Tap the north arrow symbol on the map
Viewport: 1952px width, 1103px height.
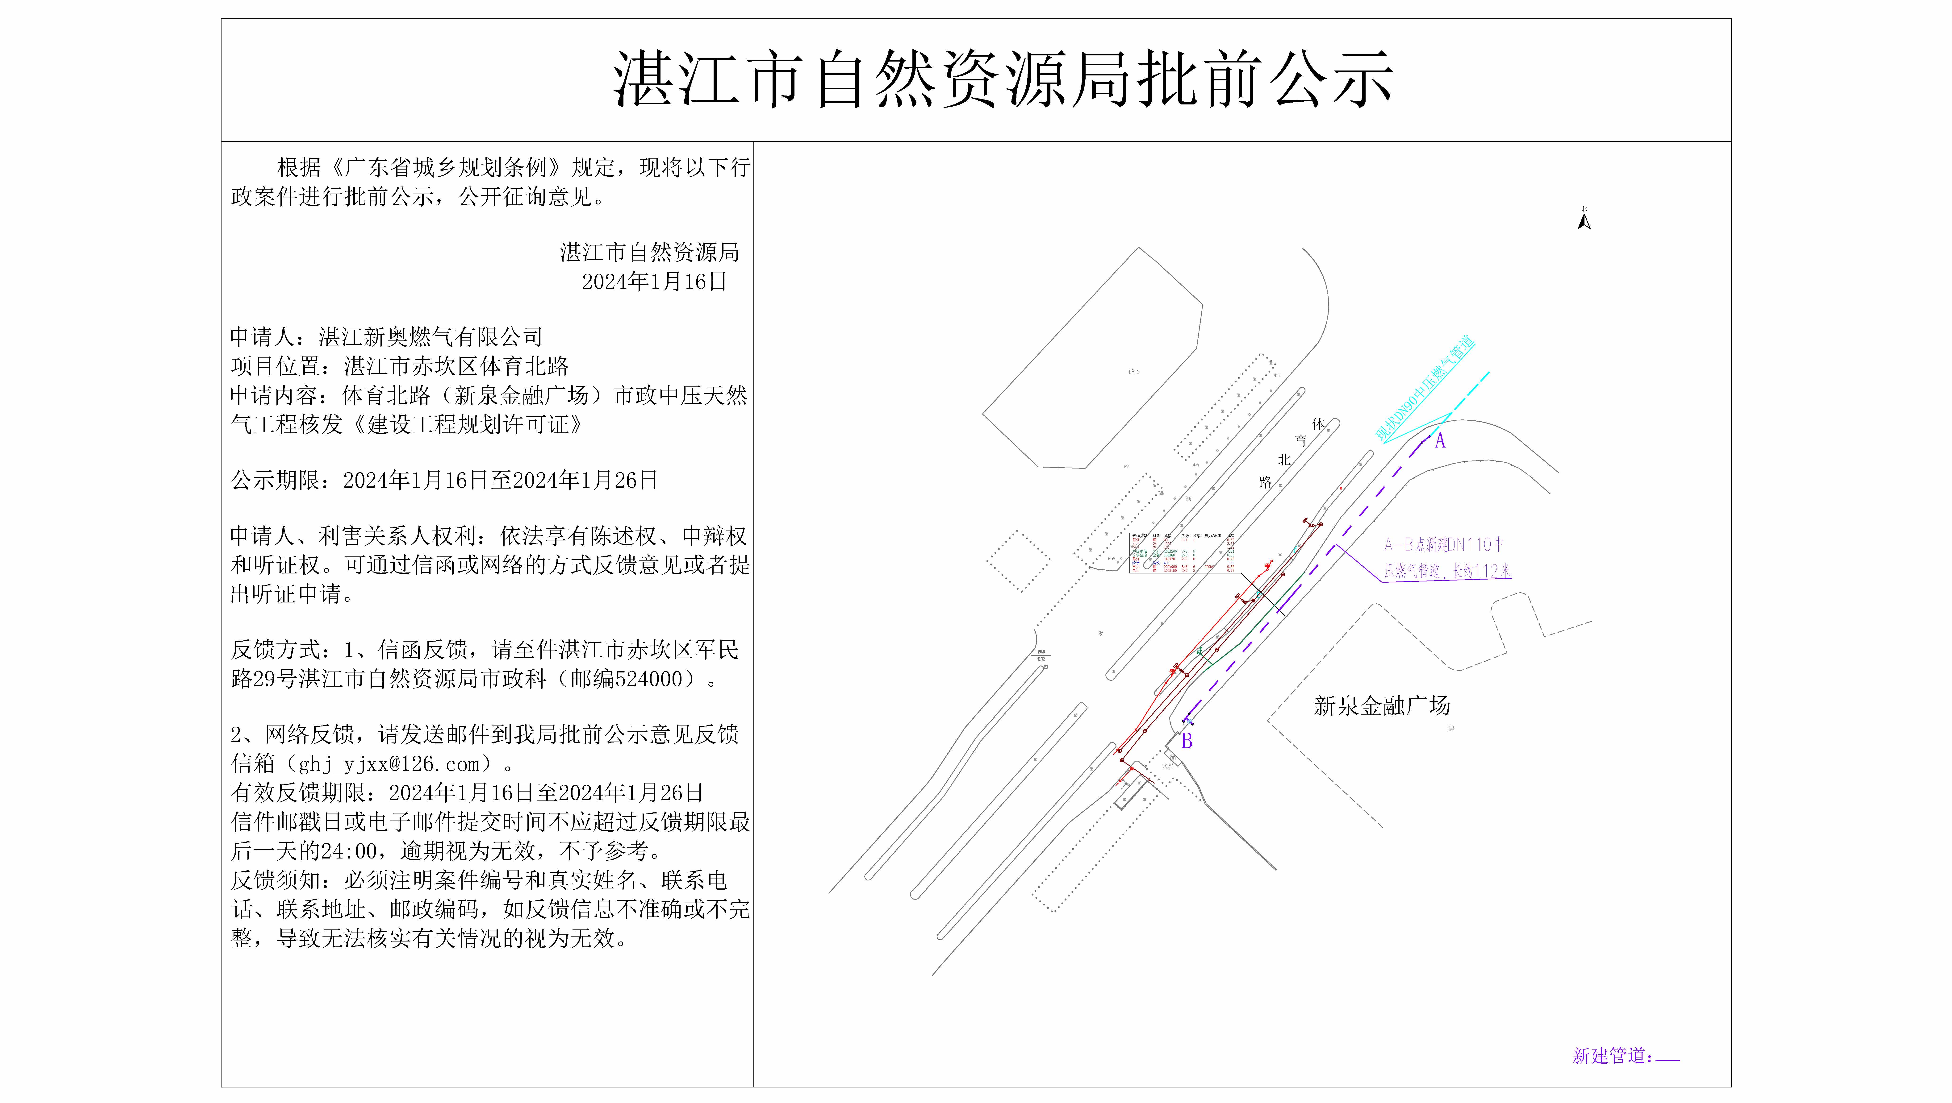click(x=1584, y=221)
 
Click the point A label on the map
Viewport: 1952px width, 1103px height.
click(x=1440, y=441)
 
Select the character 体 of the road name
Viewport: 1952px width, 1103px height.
click(x=1318, y=424)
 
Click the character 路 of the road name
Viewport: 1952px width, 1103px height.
click(x=1265, y=483)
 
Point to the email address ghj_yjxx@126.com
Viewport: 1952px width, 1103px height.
click(x=389, y=764)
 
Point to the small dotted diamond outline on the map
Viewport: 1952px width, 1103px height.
click(x=1018, y=561)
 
